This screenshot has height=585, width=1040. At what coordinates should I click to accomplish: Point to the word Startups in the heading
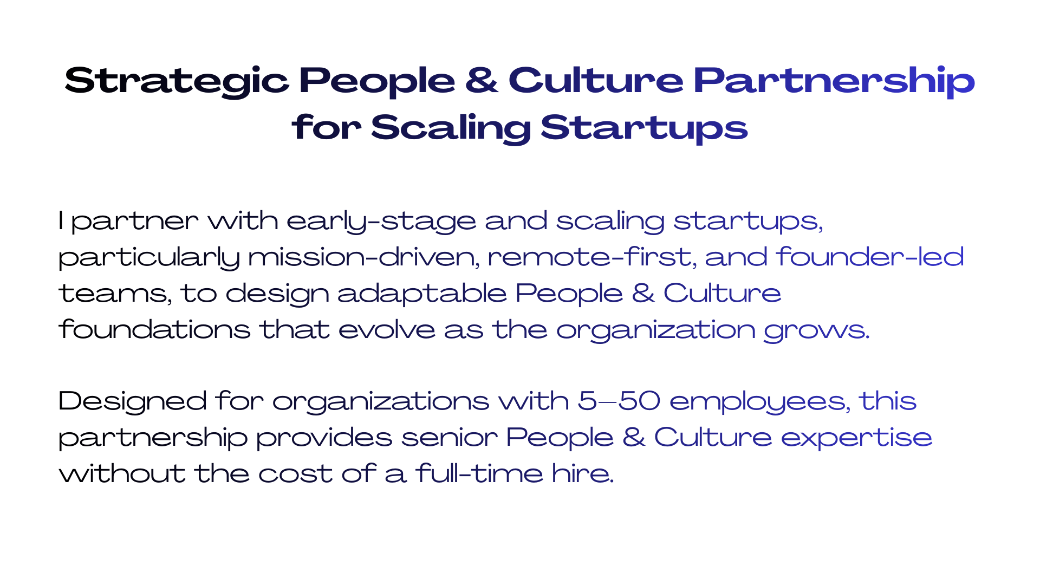(644, 129)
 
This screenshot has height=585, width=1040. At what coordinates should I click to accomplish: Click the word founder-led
(870, 257)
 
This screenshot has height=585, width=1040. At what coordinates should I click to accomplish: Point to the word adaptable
(422, 294)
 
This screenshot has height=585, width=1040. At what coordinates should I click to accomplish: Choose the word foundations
(154, 329)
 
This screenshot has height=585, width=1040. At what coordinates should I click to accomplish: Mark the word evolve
(387, 330)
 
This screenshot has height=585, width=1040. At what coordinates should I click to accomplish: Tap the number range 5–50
(619, 401)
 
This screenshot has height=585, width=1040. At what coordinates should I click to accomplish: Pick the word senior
(450, 438)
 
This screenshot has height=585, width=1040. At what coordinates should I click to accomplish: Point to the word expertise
(857, 438)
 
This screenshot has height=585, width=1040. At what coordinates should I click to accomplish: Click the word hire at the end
(583, 473)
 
